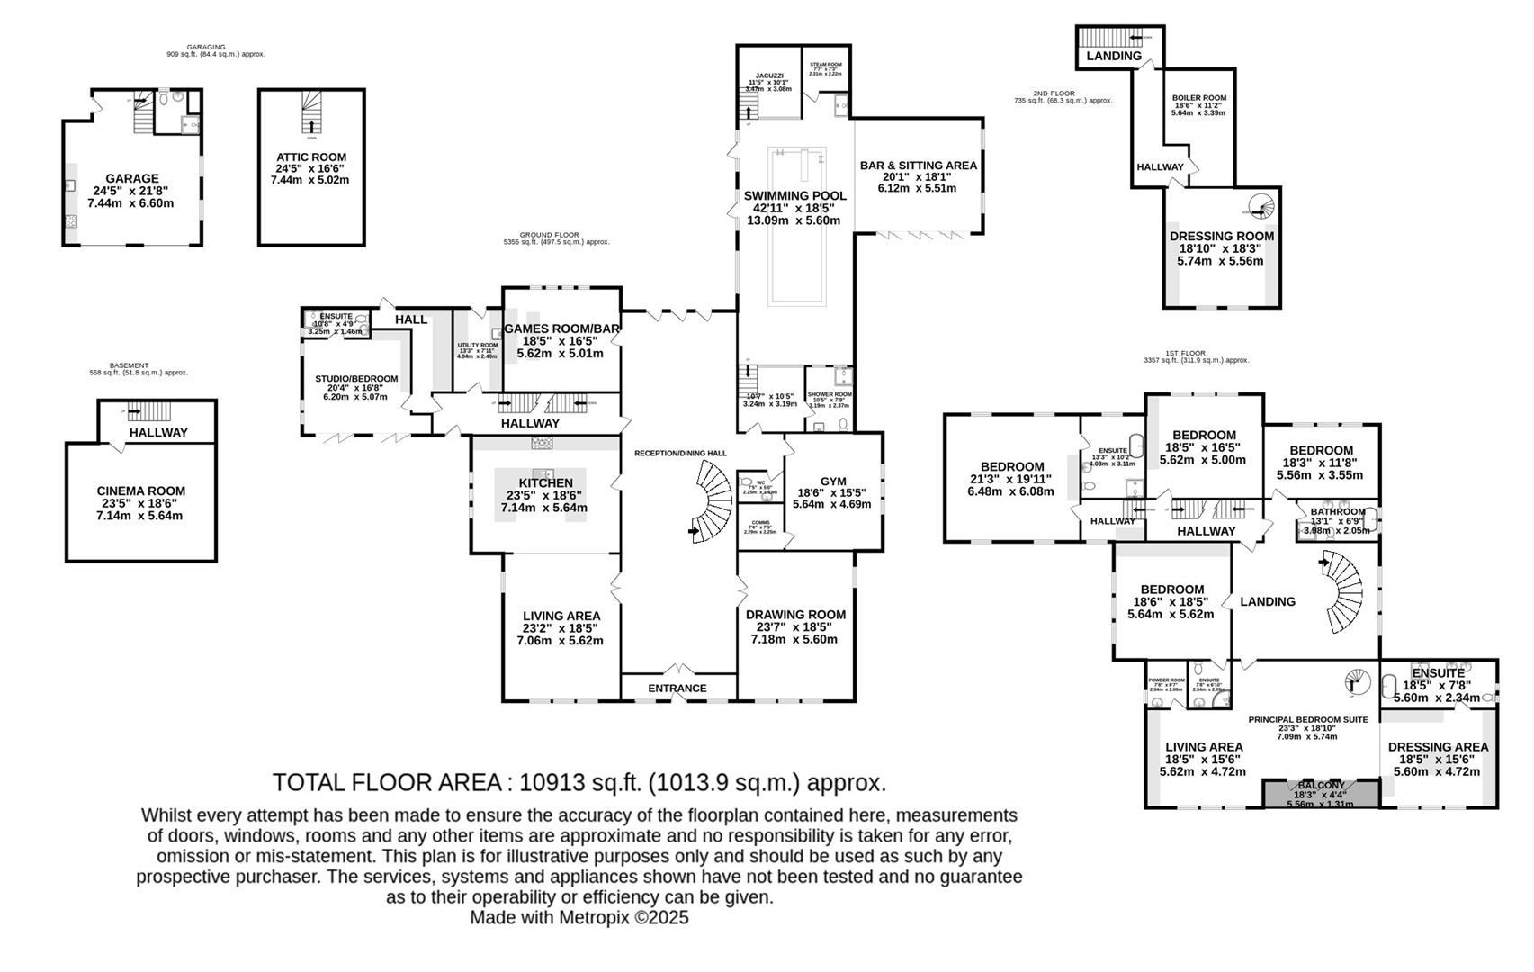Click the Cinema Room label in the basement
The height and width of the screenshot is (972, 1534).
[140, 491]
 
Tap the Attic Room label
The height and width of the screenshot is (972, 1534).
[310, 157]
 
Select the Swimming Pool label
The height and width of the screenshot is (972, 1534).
[794, 196]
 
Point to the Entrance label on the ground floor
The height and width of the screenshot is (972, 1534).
[677, 688]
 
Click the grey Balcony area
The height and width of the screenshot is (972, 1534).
[1321, 794]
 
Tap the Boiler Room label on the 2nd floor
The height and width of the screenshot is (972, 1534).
[1198, 98]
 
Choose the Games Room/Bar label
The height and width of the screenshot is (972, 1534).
[561, 329]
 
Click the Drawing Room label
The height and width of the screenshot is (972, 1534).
[795, 615]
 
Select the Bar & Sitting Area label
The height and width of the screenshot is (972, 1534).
[918, 166]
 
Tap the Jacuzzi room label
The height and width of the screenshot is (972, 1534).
[768, 76]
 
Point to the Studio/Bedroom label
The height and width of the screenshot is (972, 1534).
[356, 379]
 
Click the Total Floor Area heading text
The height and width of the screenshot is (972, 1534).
[579, 782]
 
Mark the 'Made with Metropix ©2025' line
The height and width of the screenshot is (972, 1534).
[579, 917]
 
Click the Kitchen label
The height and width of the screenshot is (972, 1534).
[544, 483]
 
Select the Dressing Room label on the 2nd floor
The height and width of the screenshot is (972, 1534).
[1221, 237]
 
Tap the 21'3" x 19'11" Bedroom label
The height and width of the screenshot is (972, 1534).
[1011, 466]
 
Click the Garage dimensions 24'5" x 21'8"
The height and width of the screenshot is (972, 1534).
[131, 191]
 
